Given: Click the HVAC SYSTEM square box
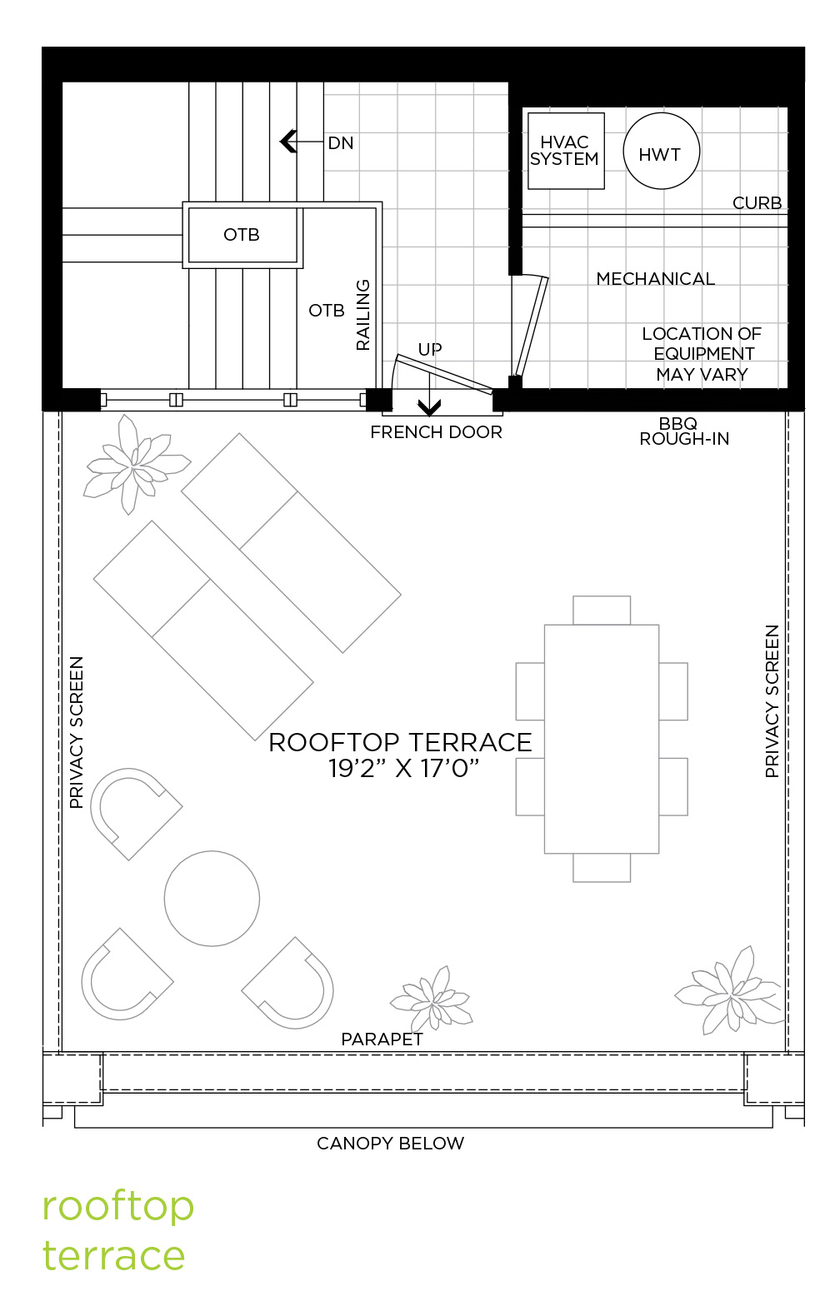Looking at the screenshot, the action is [566, 151].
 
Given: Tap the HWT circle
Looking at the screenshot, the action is [661, 151].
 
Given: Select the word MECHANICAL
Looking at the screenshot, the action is [655, 279].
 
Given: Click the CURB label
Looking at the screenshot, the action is [757, 203].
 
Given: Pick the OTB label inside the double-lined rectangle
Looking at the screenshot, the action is [242, 234].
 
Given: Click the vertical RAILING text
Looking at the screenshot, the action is [362, 315].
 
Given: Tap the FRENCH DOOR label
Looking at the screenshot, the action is [436, 432].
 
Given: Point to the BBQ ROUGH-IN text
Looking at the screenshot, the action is [684, 431].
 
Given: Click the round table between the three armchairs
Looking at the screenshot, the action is [212, 898].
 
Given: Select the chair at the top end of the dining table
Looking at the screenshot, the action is [602, 610].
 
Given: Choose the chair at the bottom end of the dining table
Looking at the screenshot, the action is [602, 868].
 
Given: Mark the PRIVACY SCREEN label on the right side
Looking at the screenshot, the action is [772, 701].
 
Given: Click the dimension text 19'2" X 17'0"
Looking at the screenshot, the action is [403, 769].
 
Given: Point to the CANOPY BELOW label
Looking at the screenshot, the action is [390, 1144].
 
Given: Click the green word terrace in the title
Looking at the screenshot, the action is [113, 1255].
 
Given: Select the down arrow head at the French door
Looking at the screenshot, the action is [429, 407].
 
